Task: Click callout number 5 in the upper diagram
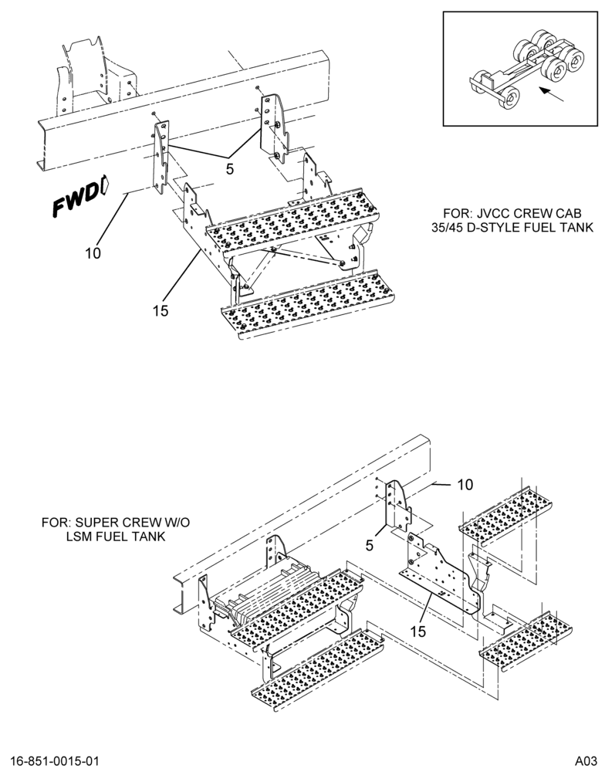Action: click(230, 168)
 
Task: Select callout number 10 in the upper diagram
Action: click(93, 253)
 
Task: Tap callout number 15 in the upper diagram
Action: click(161, 310)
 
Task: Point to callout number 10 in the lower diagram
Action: click(465, 485)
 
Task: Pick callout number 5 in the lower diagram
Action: click(370, 545)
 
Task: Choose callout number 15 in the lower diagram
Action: click(417, 631)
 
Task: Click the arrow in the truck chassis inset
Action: click(551, 94)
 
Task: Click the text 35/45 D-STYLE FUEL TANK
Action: click(512, 228)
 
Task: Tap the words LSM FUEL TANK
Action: click(116, 537)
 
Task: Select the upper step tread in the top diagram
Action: click(293, 218)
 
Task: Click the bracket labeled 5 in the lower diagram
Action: click(397, 507)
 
